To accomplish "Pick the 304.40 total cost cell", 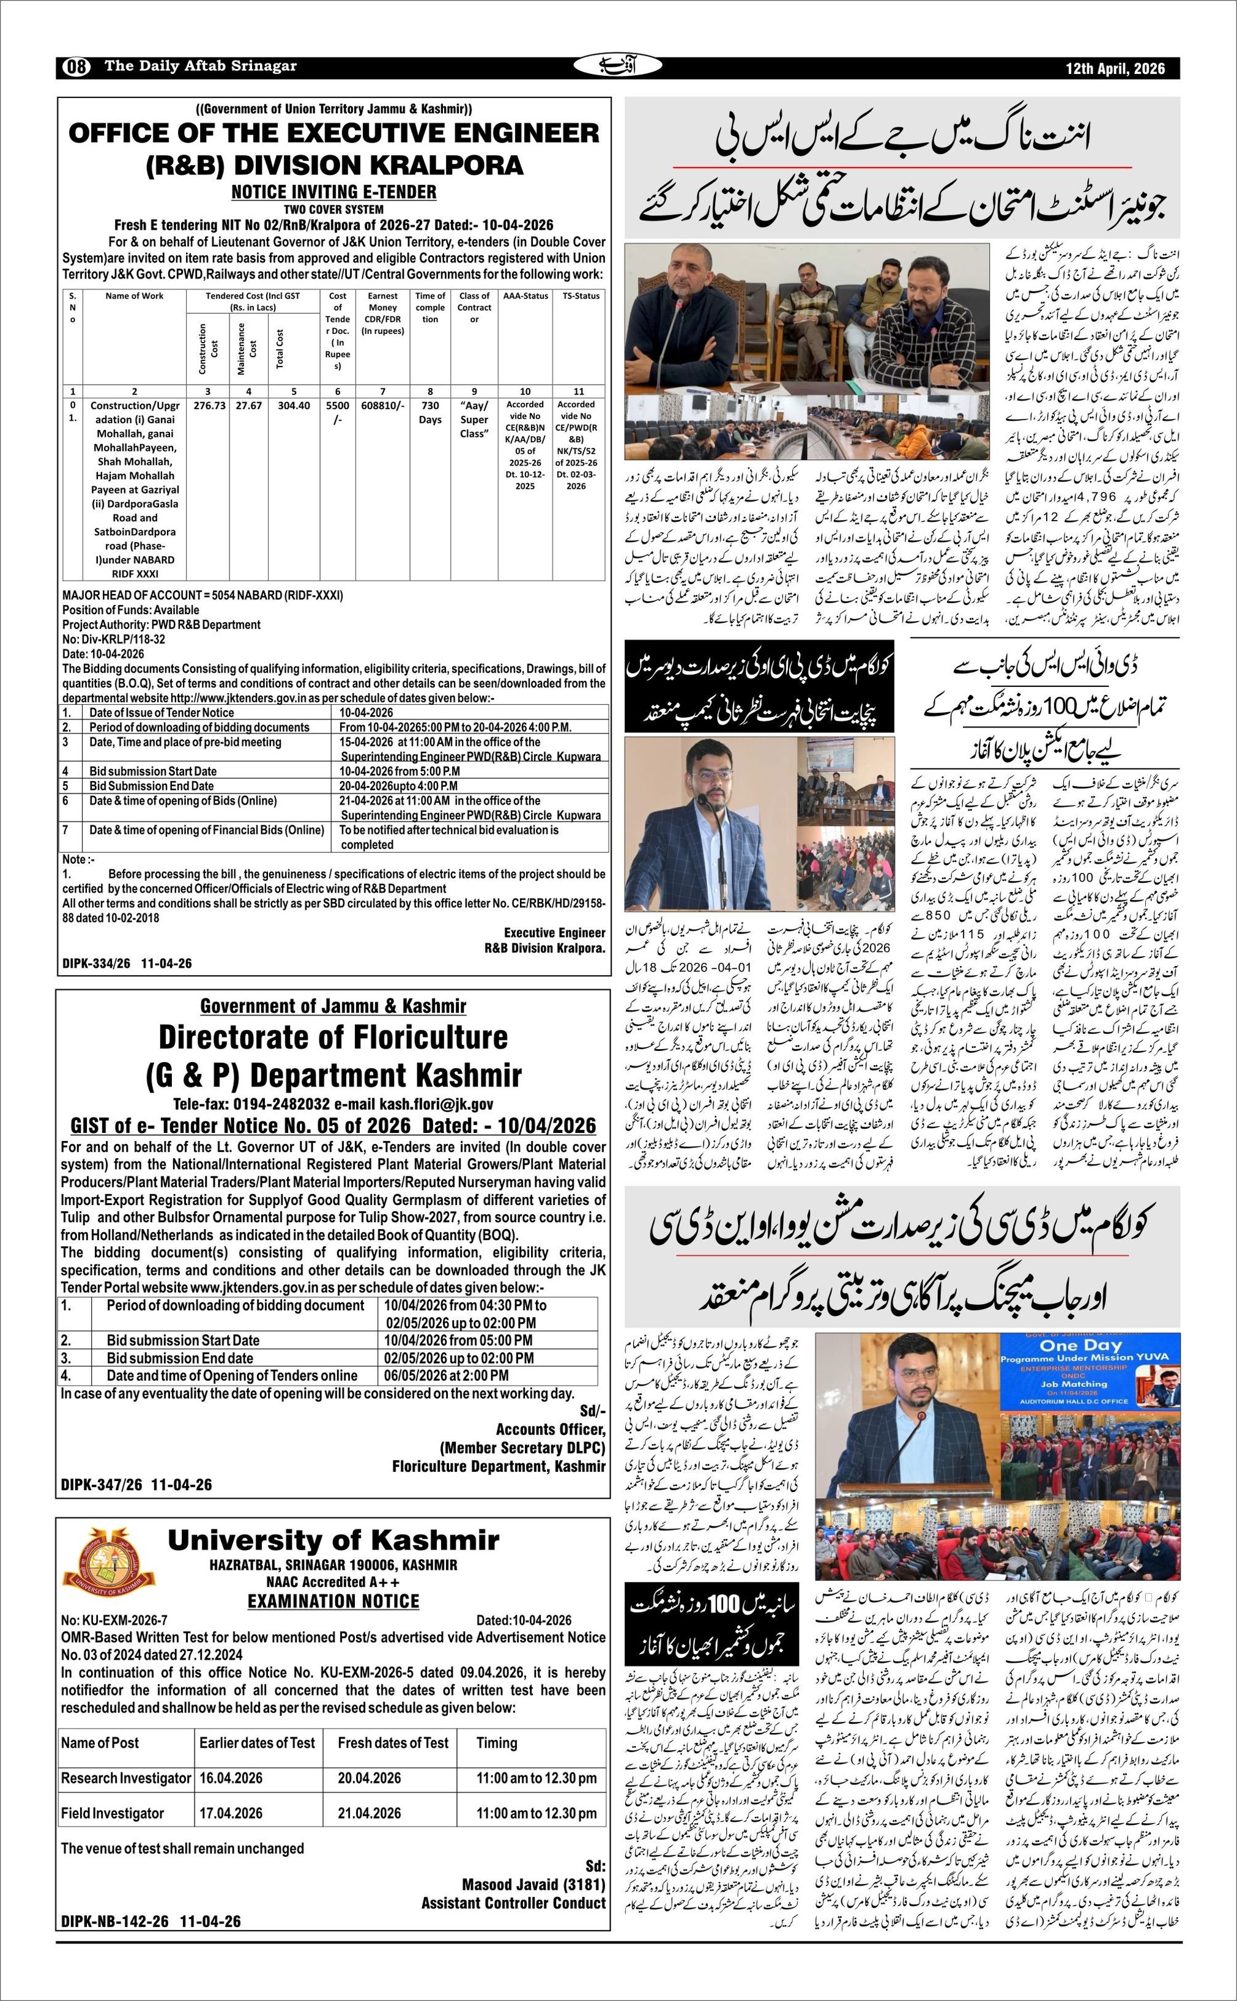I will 294,405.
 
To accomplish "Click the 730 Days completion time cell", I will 430,412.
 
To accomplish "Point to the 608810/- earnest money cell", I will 382,405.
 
